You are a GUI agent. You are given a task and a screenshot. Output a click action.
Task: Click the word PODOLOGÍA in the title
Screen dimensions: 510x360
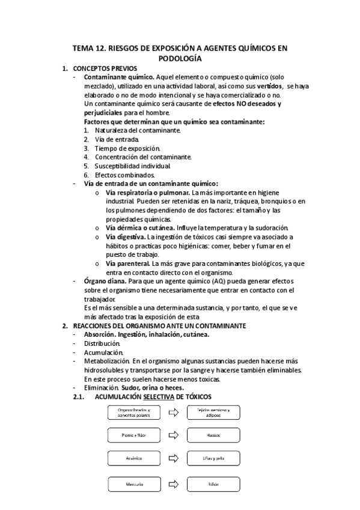tap(180, 58)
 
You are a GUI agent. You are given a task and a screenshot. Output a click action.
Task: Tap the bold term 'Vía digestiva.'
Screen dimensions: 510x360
tap(126, 237)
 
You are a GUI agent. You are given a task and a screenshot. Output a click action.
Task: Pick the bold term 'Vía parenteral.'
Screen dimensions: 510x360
tap(128, 263)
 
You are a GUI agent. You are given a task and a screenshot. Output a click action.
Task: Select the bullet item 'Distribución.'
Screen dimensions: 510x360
tap(102, 343)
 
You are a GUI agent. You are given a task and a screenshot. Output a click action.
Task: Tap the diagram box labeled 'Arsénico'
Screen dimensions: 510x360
tap(133, 458)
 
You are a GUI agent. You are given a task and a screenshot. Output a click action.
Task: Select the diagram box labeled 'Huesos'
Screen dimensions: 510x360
tap(213, 435)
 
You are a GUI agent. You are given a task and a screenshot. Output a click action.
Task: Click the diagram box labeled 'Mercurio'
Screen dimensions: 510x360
tap(133, 483)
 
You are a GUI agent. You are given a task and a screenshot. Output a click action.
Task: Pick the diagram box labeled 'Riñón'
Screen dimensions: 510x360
tap(213, 483)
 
